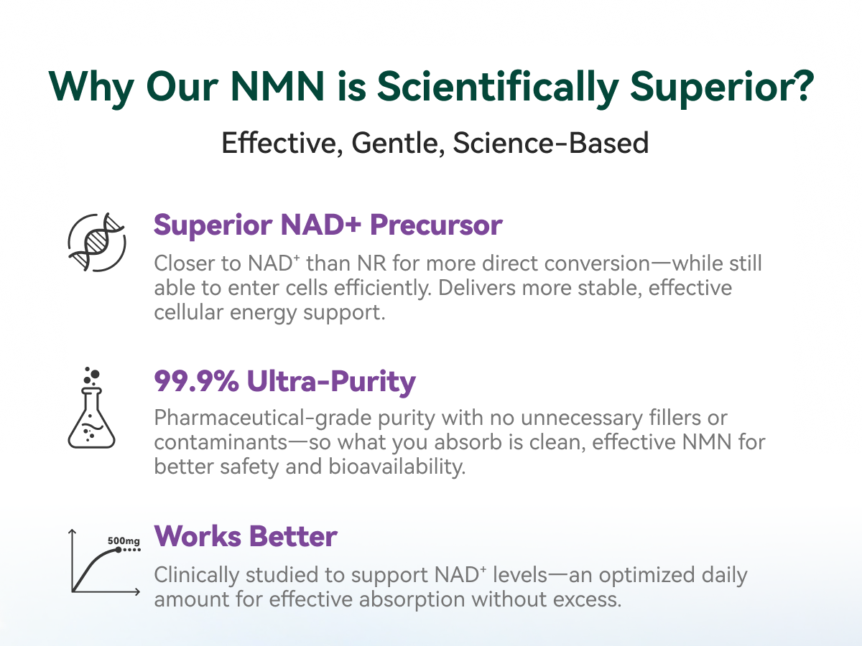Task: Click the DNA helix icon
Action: point(96,242)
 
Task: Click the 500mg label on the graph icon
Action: point(124,541)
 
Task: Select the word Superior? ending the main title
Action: point(722,88)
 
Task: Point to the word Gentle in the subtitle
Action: point(398,143)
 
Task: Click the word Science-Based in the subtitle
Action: point(550,143)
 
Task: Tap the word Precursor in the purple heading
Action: point(436,225)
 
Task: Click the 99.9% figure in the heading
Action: point(196,381)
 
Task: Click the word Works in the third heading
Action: point(198,536)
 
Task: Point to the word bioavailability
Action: point(397,467)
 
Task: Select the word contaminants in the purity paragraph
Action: point(221,442)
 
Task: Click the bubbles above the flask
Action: point(92,375)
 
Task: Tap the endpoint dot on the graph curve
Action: point(119,550)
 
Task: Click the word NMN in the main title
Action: point(278,87)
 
